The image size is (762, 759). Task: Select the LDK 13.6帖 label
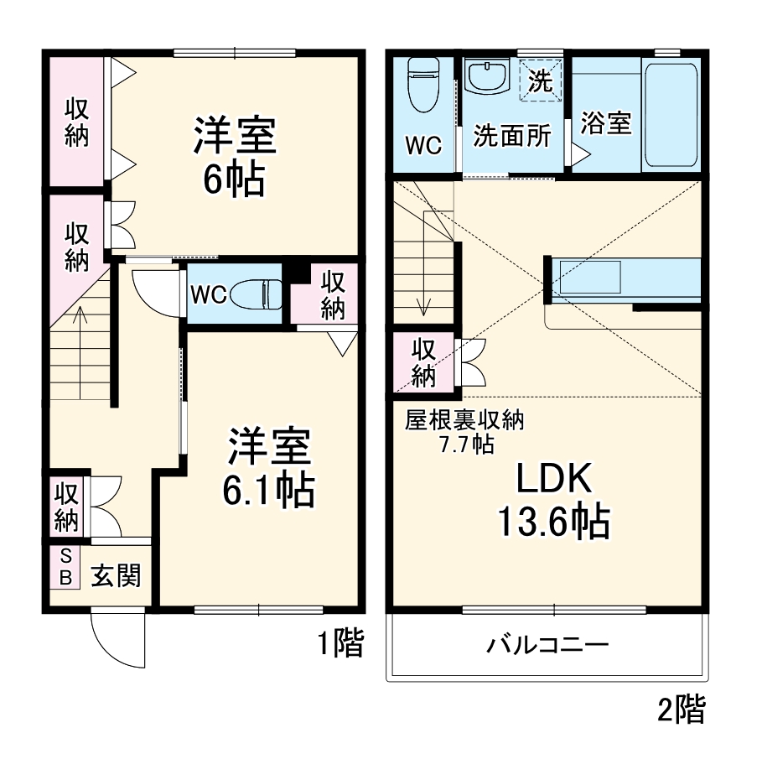point(553,501)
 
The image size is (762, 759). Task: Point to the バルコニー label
point(547,646)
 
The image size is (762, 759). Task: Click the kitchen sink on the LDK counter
point(589,277)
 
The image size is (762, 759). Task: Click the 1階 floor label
point(340,643)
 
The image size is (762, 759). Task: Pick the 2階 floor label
point(681,710)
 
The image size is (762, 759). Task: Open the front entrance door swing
point(117,642)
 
